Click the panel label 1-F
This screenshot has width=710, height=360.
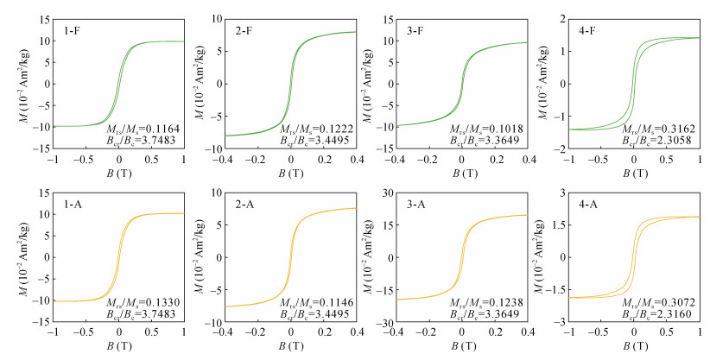pyautogui.click(x=67, y=28)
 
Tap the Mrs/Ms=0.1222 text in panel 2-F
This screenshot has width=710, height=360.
pyautogui.click(x=318, y=127)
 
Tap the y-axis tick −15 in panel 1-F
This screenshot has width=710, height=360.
pyautogui.click(x=38, y=148)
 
